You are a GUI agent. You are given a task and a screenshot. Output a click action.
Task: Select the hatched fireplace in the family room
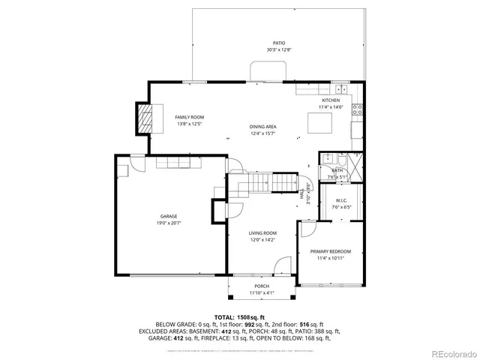[x=144, y=118]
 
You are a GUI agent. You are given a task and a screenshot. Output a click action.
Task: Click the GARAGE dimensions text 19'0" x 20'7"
[x=169, y=223]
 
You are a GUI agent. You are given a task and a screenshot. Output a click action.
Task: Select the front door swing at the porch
[x=282, y=266]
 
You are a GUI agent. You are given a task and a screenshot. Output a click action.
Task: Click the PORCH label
[x=262, y=286]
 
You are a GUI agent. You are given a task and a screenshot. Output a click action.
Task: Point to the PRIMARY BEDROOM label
[x=330, y=251]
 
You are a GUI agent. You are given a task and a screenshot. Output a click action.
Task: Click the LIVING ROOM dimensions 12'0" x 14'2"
[x=263, y=240]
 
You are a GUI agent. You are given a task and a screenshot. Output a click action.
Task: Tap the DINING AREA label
[x=262, y=127]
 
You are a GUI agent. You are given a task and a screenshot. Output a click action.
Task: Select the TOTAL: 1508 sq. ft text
[x=240, y=317]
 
